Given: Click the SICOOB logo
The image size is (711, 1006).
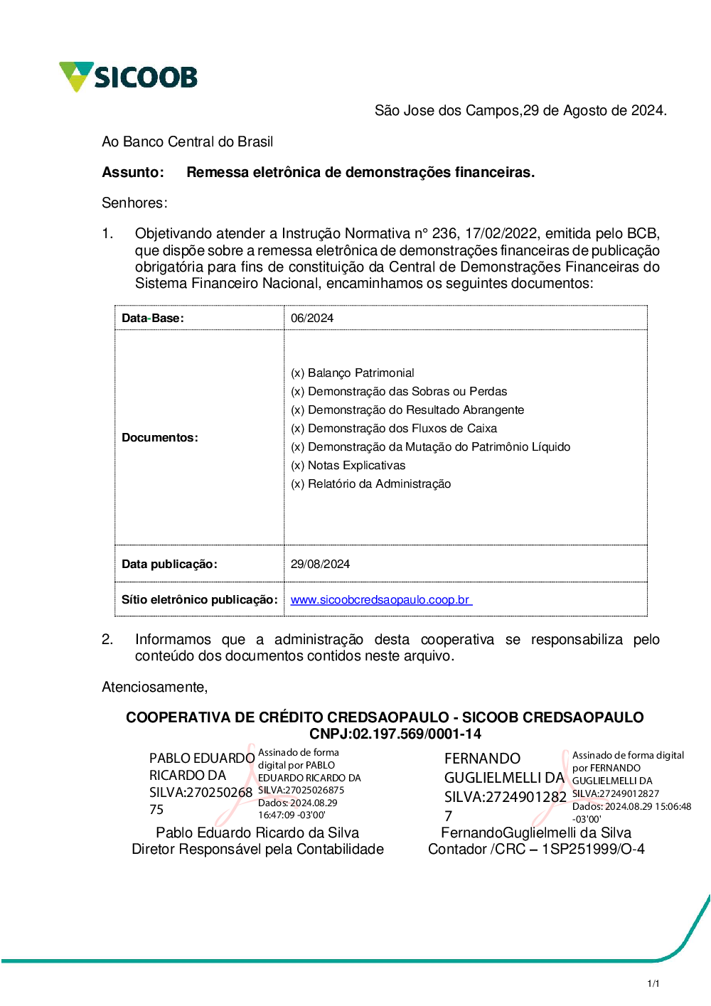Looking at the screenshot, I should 129,77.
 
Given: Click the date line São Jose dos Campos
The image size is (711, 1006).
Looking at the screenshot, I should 520,111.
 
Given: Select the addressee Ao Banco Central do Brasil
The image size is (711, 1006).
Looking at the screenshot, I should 187,142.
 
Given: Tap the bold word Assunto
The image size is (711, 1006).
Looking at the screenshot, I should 132,173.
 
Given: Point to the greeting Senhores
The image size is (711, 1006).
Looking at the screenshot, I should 134,203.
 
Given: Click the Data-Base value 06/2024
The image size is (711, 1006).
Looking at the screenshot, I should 312,319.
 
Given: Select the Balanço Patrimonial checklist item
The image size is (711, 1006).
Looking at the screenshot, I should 353,373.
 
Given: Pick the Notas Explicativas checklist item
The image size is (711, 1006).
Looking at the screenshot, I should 348,466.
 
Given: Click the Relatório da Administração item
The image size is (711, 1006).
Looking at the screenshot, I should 371,484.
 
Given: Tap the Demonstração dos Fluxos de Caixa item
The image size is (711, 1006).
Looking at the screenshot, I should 394,429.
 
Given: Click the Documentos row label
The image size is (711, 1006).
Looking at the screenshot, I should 160,438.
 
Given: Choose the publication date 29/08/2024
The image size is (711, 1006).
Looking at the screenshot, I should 321,564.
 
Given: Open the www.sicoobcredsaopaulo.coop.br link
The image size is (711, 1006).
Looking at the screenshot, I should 380,600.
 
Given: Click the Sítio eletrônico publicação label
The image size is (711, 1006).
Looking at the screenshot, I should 199,600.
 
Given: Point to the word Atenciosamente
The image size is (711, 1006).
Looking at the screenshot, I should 154,687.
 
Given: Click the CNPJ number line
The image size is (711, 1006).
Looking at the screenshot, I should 395,734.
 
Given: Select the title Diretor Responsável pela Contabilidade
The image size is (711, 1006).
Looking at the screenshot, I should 257,850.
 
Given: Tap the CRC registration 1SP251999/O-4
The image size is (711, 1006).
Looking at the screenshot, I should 593,850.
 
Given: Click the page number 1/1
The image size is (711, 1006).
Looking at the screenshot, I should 653,984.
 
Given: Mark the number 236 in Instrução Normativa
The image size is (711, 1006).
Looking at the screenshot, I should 444,234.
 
